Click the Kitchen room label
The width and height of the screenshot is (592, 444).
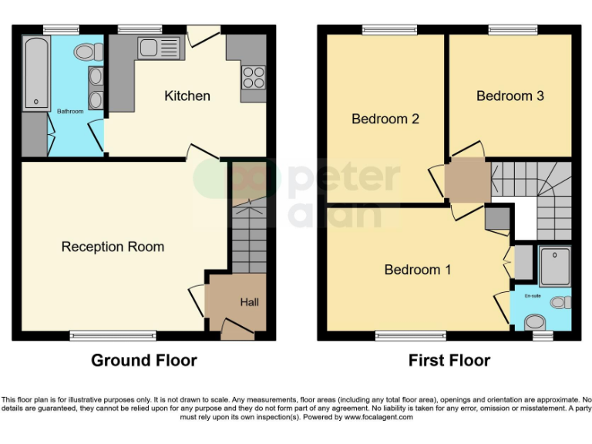coord(187,96)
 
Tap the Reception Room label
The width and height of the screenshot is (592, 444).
coord(113,247)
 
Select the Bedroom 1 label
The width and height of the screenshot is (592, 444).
coord(418,270)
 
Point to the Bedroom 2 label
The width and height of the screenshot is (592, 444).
coord(385,119)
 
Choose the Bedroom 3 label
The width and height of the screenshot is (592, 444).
coord(510,96)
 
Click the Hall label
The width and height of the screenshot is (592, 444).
coord(249,302)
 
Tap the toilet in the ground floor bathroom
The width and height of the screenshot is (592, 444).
coord(88,52)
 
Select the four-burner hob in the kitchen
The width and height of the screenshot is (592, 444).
coord(253,76)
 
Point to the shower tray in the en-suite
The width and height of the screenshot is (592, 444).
coord(553,267)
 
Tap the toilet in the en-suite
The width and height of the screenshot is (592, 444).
coord(561,302)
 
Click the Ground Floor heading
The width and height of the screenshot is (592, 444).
coord(144,360)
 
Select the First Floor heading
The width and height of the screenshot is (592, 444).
coord(449,360)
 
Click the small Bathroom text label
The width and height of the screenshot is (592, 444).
coord(70,112)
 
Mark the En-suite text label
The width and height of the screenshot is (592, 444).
coord(533,296)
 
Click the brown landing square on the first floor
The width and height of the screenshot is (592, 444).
coord(467,182)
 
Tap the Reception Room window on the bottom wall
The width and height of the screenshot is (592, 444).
coord(113,335)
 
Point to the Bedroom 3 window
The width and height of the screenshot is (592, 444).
coord(513,30)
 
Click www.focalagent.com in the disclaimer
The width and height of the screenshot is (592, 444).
coord(378,417)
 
